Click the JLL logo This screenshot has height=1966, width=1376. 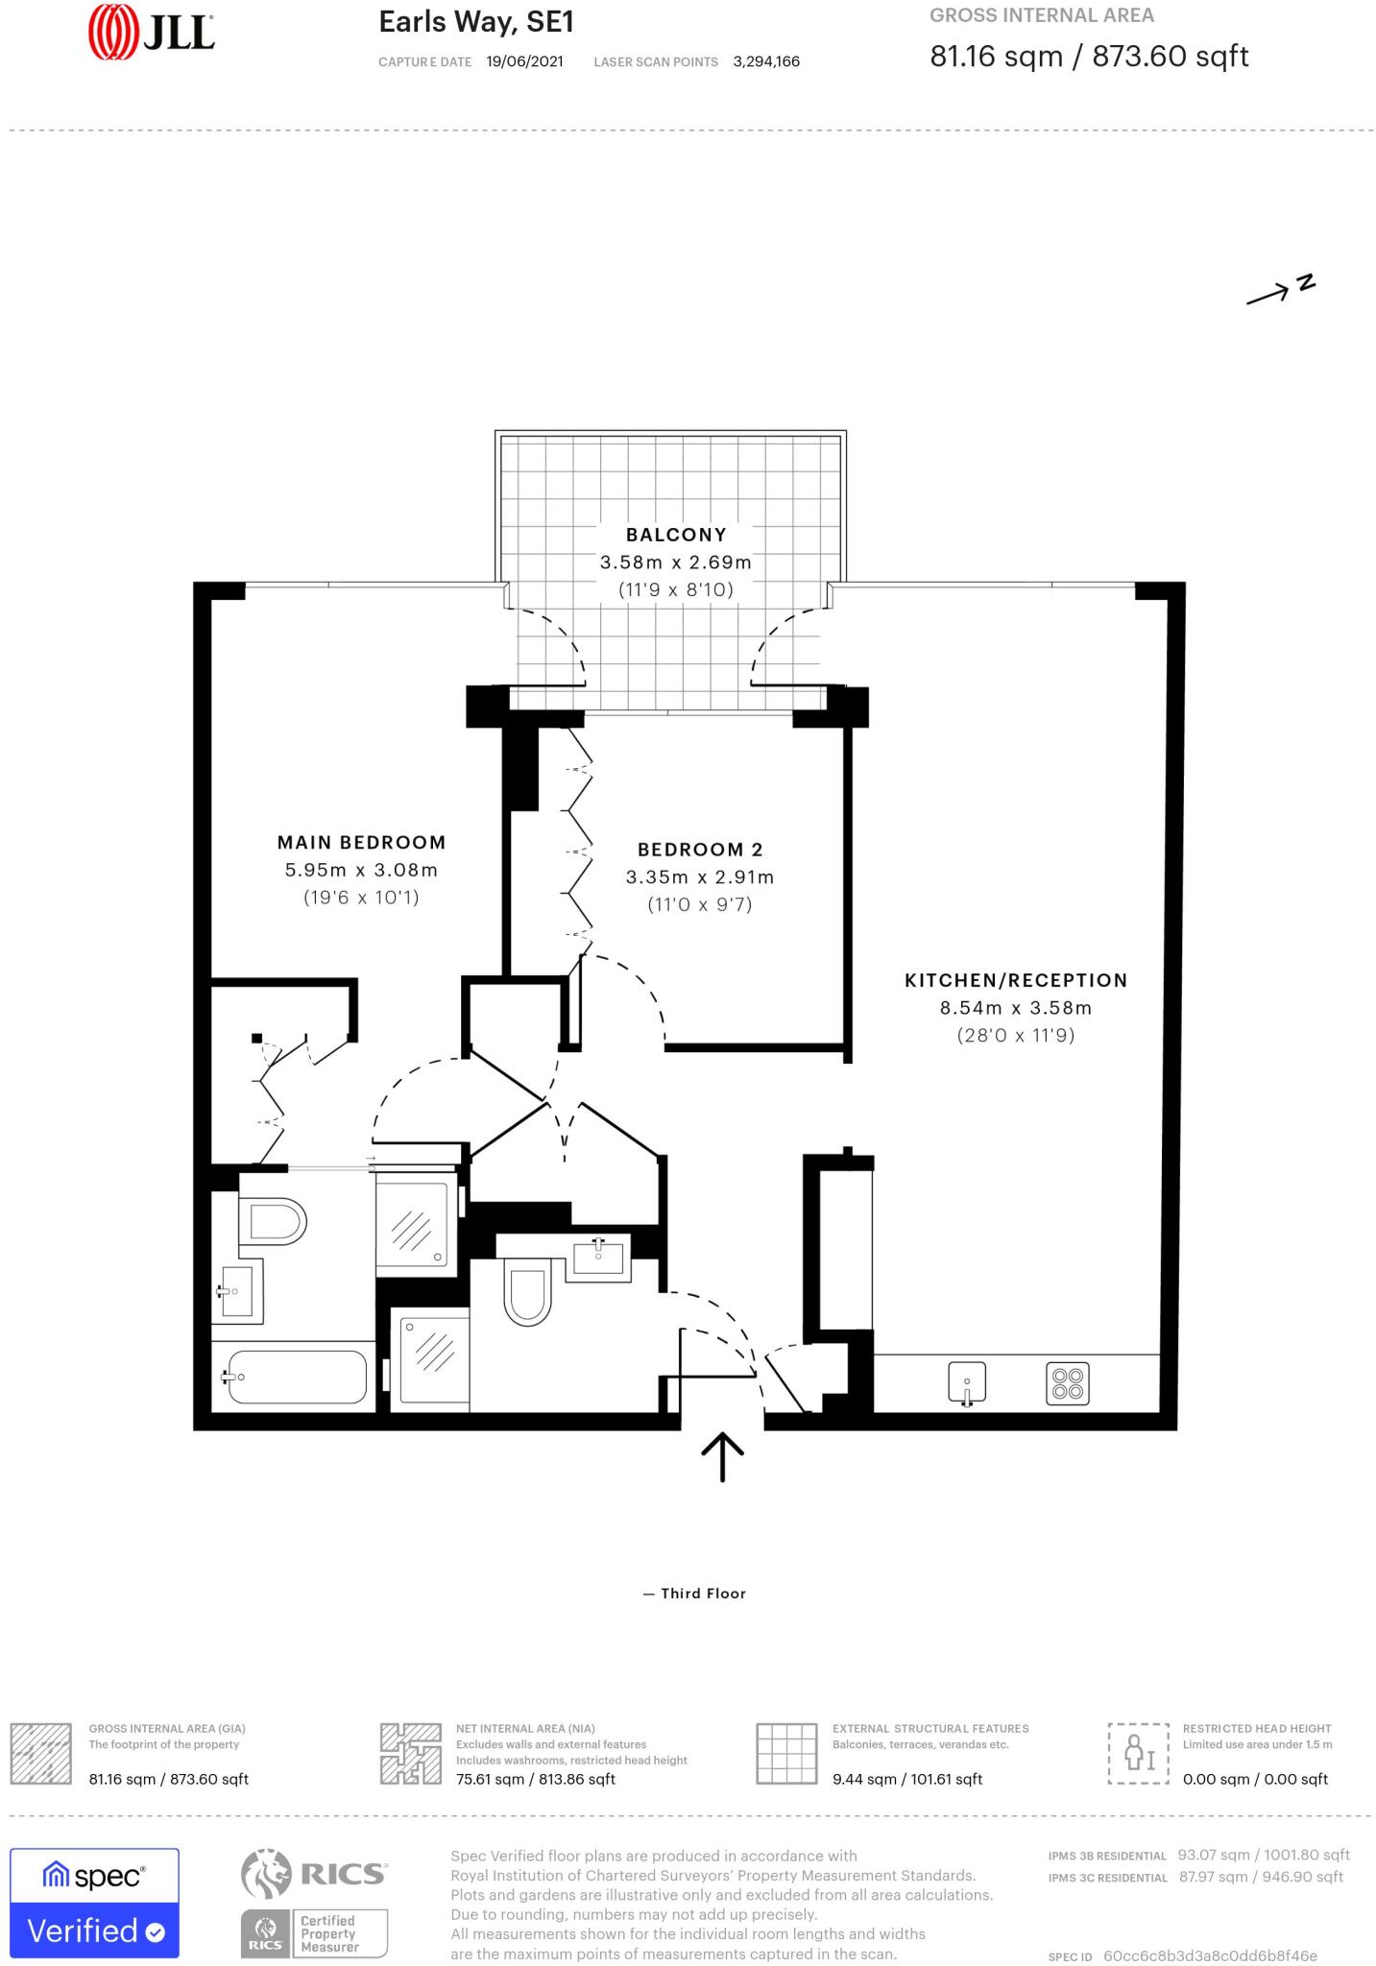pyautogui.click(x=151, y=33)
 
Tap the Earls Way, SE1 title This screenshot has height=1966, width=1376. pyautogui.click(x=476, y=22)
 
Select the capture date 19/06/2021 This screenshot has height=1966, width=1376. pyautogui.click(x=524, y=61)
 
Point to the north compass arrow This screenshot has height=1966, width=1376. pyautogui.click(x=1279, y=291)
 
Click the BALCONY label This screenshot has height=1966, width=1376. pyautogui.click(x=676, y=535)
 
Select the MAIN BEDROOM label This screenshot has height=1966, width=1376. pyautogui.click(x=361, y=843)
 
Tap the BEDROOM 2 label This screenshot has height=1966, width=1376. pyautogui.click(x=699, y=850)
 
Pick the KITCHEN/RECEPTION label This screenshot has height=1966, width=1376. pyautogui.click(x=1016, y=980)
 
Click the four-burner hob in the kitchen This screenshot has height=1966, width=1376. pyautogui.click(x=1067, y=1383)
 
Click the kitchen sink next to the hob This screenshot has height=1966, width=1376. pyautogui.click(x=967, y=1383)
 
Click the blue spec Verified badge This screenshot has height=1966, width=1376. pyautogui.click(x=94, y=1902)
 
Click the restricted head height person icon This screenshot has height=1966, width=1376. pyautogui.click(x=1138, y=1753)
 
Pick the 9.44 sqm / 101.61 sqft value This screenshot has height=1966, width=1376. pyautogui.click(x=906, y=1779)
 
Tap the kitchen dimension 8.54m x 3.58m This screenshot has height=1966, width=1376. pyautogui.click(x=1015, y=1008)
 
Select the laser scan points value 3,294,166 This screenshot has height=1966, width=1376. pyautogui.click(x=765, y=61)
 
